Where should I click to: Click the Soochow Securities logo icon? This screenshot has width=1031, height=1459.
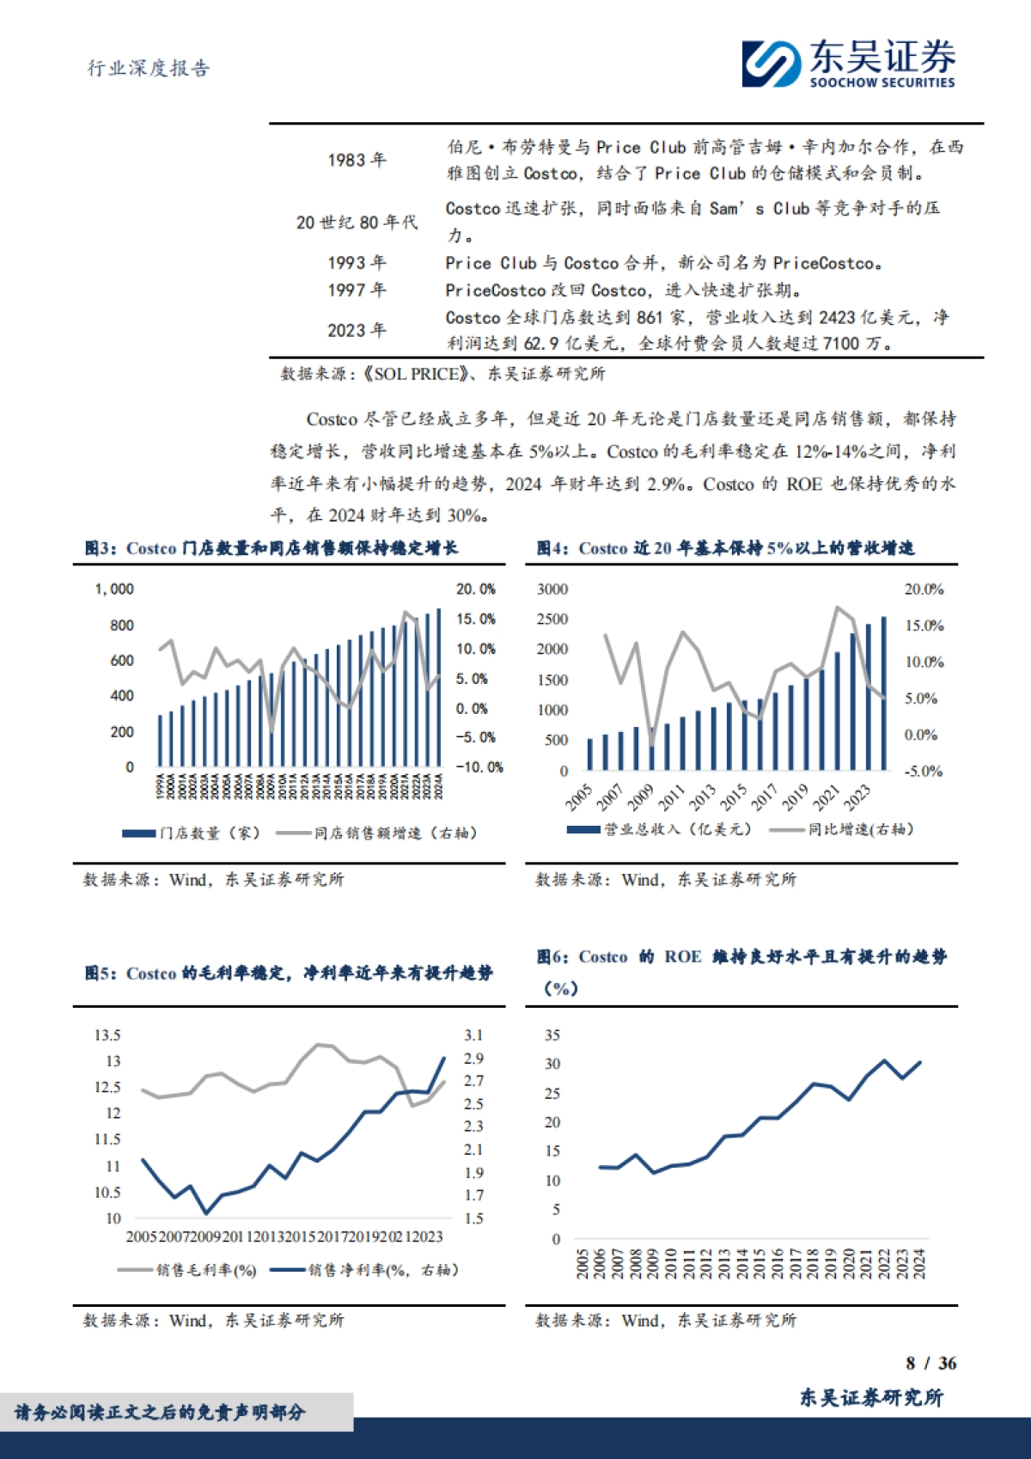(x=771, y=64)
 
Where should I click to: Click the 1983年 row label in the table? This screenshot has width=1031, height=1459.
(x=357, y=160)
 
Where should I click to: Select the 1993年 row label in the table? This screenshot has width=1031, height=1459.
(x=357, y=263)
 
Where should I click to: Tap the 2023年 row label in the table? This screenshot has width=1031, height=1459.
(x=357, y=330)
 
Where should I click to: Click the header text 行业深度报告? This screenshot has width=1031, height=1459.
(x=149, y=69)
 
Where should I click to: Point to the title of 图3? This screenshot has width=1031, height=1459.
(x=271, y=548)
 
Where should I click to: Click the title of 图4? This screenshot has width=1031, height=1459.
(x=725, y=548)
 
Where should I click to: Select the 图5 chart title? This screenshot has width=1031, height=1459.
(x=288, y=973)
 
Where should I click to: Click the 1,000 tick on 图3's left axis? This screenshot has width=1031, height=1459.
(x=114, y=589)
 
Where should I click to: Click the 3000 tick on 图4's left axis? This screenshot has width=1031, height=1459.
(x=552, y=589)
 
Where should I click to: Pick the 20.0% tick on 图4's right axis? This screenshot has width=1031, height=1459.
(x=924, y=589)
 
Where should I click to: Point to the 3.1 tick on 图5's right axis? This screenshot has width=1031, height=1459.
(x=473, y=1035)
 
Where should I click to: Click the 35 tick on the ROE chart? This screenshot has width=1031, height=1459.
(x=552, y=1035)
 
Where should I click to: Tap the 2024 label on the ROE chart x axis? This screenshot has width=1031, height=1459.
(x=919, y=1264)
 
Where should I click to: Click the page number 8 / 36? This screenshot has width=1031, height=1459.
(x=930, y=1364)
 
